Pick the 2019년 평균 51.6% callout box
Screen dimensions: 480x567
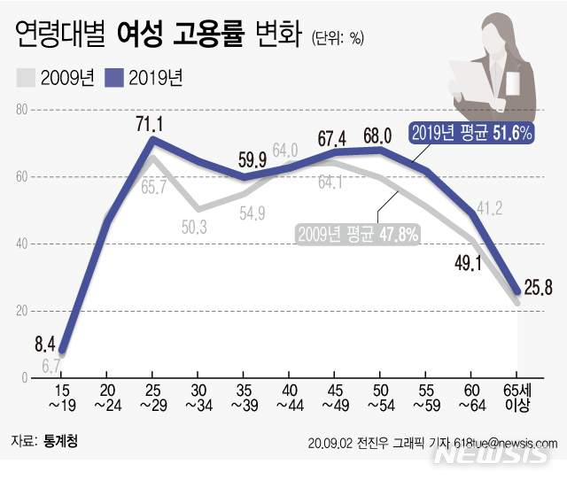coord(472,133)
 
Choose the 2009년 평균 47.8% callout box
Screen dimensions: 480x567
coord(358,234)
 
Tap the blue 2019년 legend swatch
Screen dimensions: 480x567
coord(114,79)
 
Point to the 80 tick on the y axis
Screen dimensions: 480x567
coord(24,110)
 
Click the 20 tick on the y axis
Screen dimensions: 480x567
coord(24,310)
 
